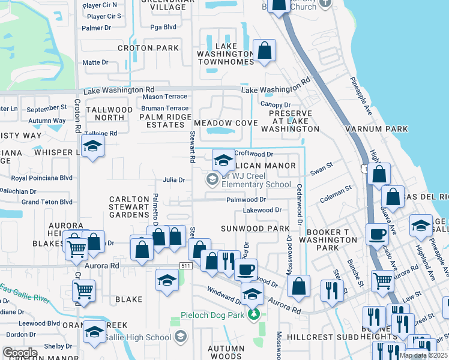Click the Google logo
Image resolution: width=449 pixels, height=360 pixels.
click(20, 353)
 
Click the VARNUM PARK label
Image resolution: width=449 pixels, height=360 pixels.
click(376, 129)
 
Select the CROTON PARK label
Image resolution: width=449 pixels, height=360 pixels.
click(148, 48)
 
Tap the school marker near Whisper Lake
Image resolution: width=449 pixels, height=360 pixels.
click(92, 146)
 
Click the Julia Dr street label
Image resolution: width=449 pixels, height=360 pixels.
click(173, 180)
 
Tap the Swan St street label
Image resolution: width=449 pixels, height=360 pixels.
click(321, 169)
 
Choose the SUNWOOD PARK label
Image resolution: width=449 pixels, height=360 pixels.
click(255, 229)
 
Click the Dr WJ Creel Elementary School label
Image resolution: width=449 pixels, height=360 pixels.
click(256, 181)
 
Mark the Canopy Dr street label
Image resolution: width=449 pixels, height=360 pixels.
click(275, 104)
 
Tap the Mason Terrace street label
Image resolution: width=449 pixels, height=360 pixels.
click(164, 97)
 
